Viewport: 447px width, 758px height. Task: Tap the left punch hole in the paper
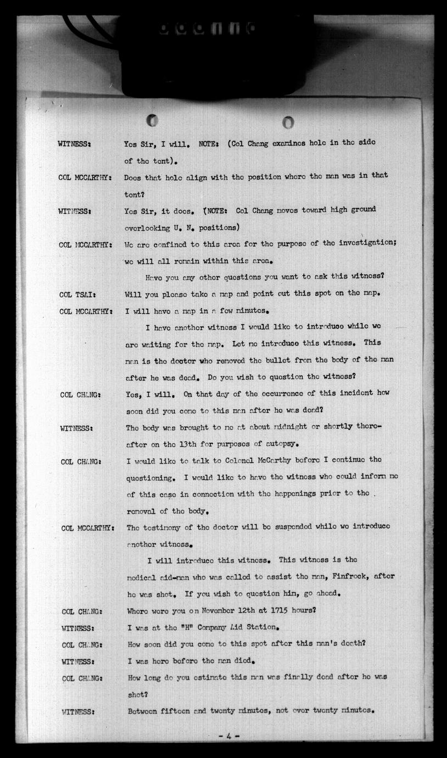coord(152,120)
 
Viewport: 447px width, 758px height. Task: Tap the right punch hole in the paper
coord(288,122)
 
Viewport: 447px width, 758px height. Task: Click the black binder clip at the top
coord(217,52)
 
